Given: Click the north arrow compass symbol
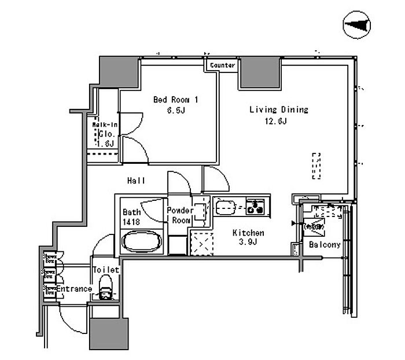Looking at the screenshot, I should point(358,25).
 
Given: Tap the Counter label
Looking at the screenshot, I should point(223,65).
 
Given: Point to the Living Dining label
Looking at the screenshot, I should point(278,109).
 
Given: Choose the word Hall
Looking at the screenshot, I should point(137,181).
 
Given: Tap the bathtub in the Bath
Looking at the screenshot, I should point(142,240).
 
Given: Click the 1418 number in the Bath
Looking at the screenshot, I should point(130,222).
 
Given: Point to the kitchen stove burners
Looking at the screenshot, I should point(256,205).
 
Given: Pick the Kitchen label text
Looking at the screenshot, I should point(248,233).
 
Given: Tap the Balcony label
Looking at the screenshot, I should point(325,245).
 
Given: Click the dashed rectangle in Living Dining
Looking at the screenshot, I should point(316,167).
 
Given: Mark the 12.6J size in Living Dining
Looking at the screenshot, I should point(277,121).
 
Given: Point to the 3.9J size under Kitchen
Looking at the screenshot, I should point(248,243).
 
